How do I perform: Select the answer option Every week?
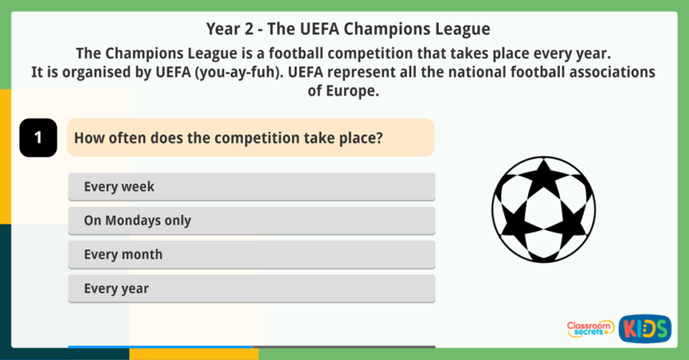(251, 186)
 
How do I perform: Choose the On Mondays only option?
(251, 221)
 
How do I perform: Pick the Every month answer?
(251, 255)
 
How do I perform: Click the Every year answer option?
(251, 289)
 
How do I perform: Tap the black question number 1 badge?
(38, 138)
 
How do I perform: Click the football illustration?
(544, 209)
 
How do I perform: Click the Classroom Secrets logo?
(590, 328)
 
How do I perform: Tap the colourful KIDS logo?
(645, 328)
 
